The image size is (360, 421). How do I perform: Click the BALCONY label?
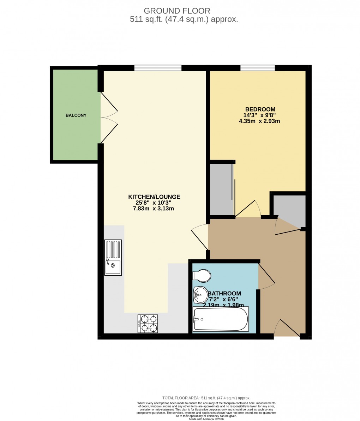point(76,115)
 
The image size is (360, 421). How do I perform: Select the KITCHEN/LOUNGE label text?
point(154,197)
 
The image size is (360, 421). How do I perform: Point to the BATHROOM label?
point(225,294)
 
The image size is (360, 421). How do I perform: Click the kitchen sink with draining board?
point(113,258)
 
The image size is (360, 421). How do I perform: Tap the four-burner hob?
point(148,324)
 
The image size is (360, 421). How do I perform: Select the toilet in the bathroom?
point(202,275)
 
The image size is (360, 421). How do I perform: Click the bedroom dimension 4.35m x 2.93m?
point(259,121)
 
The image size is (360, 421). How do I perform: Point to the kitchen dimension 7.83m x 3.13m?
point(154,209)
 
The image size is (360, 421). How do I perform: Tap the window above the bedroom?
point(258,68)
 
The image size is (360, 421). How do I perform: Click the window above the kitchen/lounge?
point(158,68)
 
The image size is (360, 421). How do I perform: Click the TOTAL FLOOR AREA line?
point(206,398)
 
